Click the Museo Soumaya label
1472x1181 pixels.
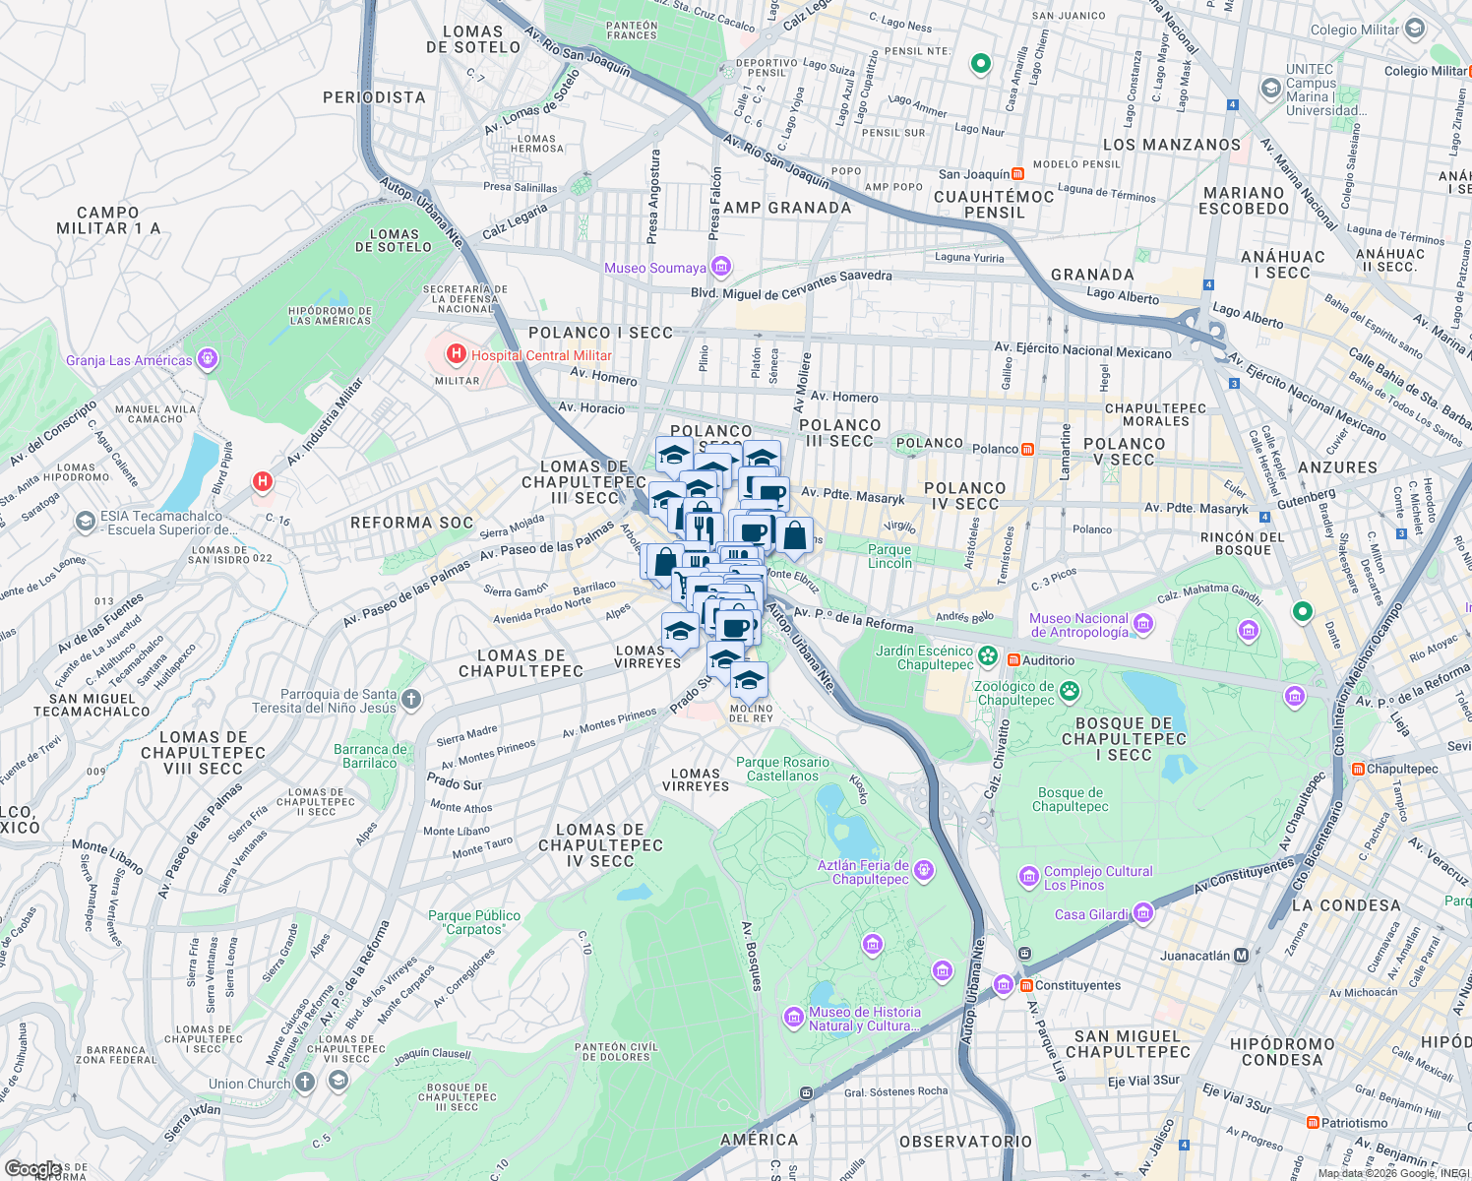(x=655, y=268)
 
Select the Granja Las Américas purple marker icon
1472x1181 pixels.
(x=208, y=359)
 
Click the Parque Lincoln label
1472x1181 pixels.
(x=889, y=557)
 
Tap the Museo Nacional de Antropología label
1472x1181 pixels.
(x=1078, y=626)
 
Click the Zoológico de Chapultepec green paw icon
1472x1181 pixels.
(x=1070, y=692)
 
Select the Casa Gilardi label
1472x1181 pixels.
(x=1091, y=914)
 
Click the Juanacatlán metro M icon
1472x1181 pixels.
(x=1241, y=956)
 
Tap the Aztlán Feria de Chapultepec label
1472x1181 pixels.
(x=863, y=872)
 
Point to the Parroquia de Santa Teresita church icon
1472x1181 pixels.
(x=411, y=700)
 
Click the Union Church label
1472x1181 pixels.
(x=249, y=1084)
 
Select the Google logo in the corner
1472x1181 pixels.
(x=33, y=1169)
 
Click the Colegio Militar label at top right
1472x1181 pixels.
(x=1354, y=30)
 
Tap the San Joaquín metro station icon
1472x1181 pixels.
(x=1017, y=174)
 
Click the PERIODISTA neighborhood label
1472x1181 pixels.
(x=374, y=97)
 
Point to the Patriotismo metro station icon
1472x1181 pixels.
(x=1313, y=1123)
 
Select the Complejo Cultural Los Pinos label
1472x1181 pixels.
(x=1098, y=878)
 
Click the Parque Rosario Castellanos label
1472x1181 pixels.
(x=783, y=769)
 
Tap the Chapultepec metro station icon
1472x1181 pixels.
(x=1358, y=770)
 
